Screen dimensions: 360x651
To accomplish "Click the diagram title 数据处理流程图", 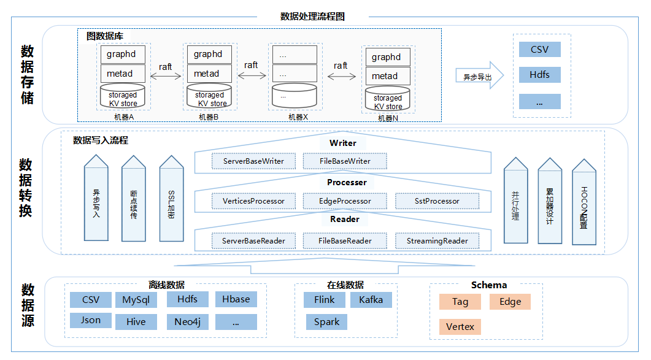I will click(312, 17).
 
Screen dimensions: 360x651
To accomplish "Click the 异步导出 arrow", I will click(479, 77).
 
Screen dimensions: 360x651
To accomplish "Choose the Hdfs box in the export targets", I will click(539, 75).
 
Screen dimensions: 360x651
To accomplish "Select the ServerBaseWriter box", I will click(253, 161).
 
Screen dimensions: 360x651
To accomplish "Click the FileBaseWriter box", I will click(345, 161).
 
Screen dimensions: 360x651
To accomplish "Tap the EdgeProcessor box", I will click(345, 201).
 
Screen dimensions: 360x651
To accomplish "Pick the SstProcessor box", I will click(436, 201).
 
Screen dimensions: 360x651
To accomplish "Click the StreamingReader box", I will click(437, 241).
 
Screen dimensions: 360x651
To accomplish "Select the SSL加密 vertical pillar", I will click(172, 202).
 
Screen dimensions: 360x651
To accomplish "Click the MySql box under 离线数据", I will click(136, 300).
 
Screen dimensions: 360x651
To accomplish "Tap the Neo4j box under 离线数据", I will click(187, 321).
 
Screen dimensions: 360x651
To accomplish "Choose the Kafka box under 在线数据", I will click(371, 300).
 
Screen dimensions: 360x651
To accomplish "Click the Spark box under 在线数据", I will click(326, 322).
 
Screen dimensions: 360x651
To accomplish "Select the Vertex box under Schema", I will click(460, 327).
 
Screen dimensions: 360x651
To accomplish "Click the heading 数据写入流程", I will click(101, 140).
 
